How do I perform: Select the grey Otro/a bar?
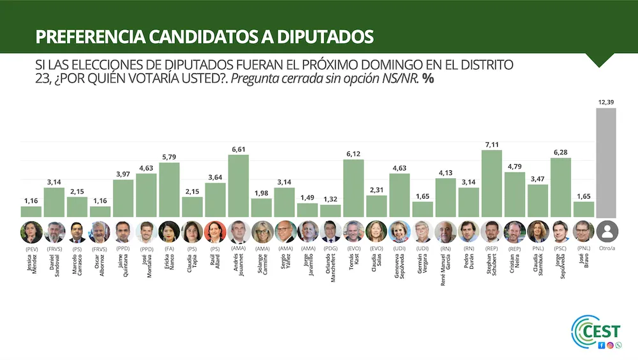[606, 163]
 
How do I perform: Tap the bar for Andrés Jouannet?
[238, 186]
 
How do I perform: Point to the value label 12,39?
[606, 103]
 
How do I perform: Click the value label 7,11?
[491, 145]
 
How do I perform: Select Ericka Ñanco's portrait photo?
[169, 231]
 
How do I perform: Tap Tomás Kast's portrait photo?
[353, 231]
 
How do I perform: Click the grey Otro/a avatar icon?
[606, 231]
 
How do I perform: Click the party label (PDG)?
[330, 248]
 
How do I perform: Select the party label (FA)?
[169, 248]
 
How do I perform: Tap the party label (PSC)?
[560, 248]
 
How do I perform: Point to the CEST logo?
[597, 332]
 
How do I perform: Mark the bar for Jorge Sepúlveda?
[560, 187]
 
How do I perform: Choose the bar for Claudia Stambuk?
[537, 200]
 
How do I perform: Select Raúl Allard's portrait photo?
[215, 231]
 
